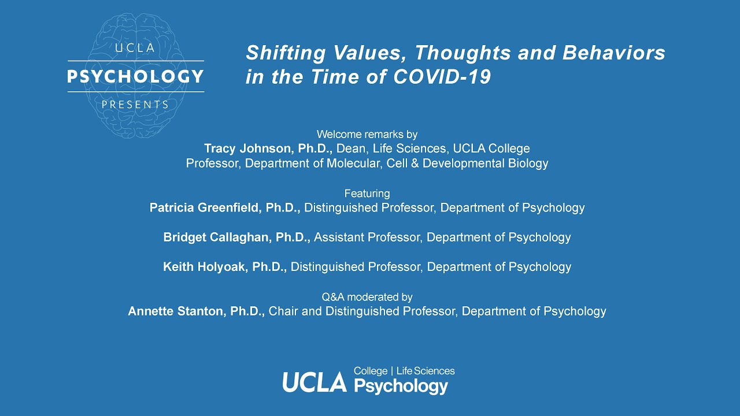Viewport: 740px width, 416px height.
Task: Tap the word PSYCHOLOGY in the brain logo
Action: click(136, 76)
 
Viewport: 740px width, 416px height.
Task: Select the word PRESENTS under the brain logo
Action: click(135, 105)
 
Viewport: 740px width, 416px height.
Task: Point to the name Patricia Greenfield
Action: click(205, 207)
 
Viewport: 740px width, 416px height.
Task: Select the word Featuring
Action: click(367, 193)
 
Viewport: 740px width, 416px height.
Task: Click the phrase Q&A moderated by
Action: click(367, 297)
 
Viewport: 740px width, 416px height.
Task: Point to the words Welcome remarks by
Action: click(367, 134)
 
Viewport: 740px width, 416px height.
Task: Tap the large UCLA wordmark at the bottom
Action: click(314, 382)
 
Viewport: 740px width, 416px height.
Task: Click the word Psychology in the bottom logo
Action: click(401, 385)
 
